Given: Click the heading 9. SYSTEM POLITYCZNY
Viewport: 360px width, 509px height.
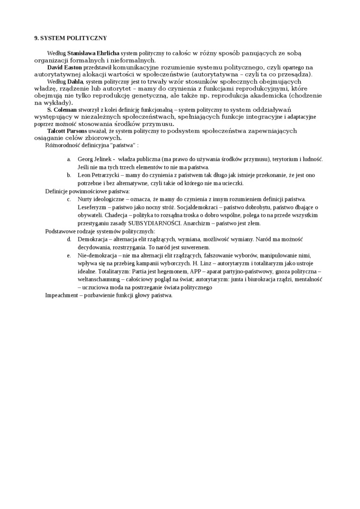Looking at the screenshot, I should (x=71, y=38).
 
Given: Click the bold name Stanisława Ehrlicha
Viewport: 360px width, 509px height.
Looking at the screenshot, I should (x=93, y=54).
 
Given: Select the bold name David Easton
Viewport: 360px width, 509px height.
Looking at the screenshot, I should (x=64, y=67).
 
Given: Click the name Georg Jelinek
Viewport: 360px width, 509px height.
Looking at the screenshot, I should (x=94, y=160).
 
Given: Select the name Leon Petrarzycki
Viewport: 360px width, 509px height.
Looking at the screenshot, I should (x=98, y=175).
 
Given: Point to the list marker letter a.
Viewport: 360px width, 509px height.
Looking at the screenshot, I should (x=69, y=160).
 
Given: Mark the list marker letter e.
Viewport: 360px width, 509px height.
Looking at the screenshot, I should (x=69, y=255).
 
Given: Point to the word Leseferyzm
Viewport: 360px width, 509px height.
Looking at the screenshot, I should (x=92, y=207).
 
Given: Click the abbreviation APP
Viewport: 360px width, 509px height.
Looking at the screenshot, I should (x=197, y=271).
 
